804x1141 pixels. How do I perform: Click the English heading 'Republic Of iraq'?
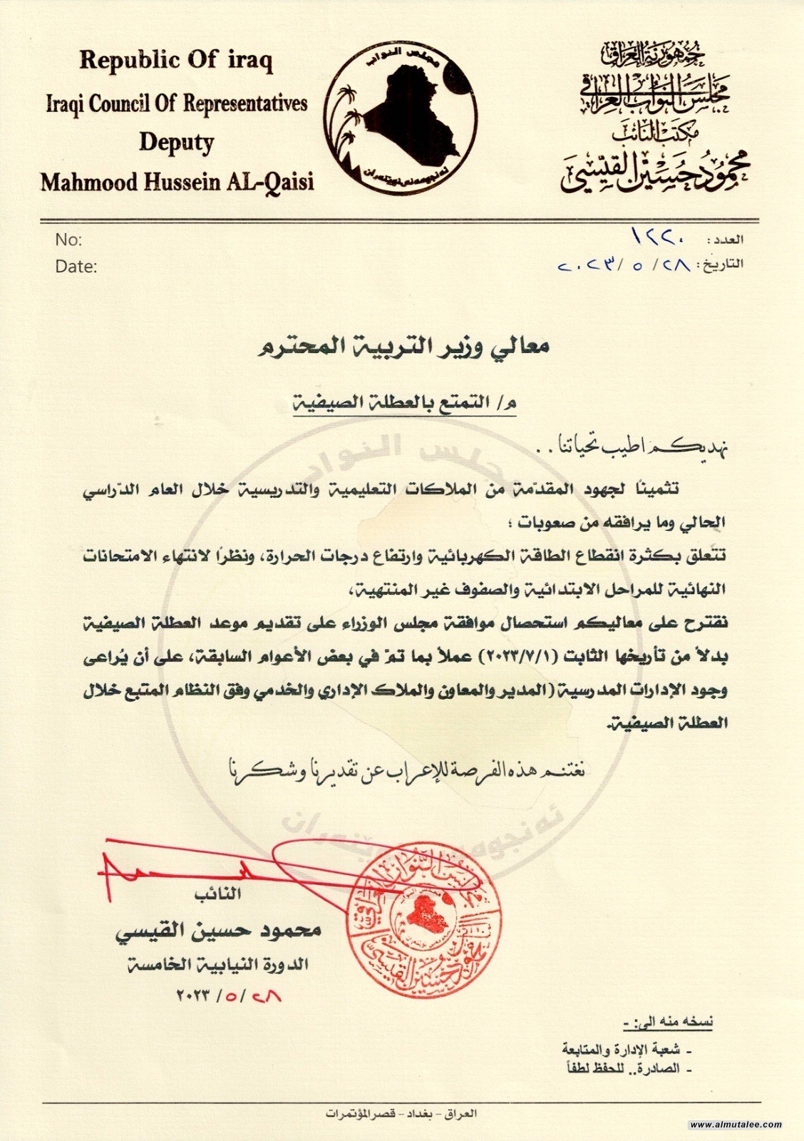click(176, 61)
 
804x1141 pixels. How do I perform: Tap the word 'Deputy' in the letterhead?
click(176, 143)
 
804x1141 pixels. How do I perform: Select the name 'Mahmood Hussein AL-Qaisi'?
click(177, 183)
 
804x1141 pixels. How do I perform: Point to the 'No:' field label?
click(68, 240)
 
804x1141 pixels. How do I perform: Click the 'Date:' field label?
click(76, 267)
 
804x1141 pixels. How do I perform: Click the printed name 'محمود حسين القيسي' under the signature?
click(219, 930)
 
